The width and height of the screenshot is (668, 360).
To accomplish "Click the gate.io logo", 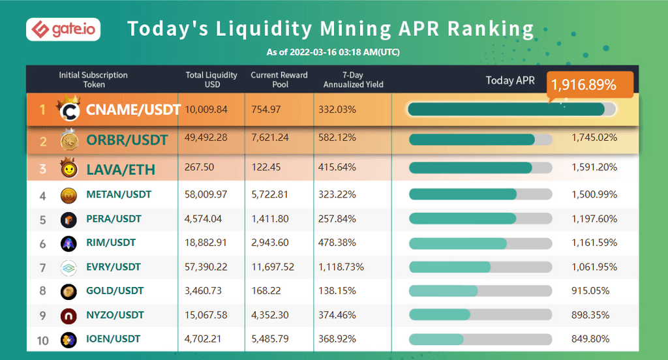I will (63, 30).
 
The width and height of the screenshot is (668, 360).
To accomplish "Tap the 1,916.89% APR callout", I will (584, 85).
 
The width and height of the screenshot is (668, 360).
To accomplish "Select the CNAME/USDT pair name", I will (133, 110).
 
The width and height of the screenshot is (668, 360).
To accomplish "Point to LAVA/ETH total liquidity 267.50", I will (200, 168).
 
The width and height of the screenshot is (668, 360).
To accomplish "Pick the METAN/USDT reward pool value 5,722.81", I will (269, 194).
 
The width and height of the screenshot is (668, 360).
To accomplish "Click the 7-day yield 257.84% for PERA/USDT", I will (337, 218).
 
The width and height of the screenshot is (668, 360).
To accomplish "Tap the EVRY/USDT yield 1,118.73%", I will (341, 267).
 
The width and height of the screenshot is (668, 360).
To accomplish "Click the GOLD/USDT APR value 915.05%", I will (590, 291).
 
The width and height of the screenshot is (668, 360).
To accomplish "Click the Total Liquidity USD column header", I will (211, 80).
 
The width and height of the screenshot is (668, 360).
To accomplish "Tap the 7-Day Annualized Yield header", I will (353, 80).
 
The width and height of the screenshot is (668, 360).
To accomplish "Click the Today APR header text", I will (510, 80).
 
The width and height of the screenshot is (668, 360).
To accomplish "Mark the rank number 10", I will (43, 339).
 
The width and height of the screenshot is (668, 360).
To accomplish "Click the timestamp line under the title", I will (333, 52).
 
